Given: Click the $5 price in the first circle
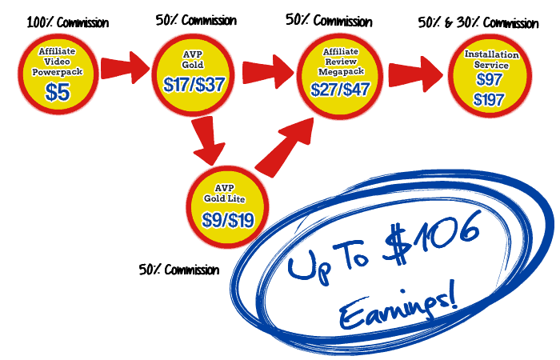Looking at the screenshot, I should pos(57,92).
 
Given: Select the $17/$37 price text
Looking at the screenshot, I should pos(194,85).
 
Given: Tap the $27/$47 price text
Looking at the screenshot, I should pos(340,88).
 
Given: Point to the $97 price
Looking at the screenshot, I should pos(489,80).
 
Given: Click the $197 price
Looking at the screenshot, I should pos(489,100).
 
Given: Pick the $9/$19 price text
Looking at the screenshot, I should pos(227,218).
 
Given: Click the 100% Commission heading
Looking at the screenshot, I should pos(67,22).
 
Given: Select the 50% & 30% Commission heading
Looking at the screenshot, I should pos(478,22).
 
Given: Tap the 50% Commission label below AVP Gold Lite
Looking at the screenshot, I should pos(178,270).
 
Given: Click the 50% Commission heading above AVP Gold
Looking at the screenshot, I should pos(195,20).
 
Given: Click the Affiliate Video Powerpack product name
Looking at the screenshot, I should pos(58,62).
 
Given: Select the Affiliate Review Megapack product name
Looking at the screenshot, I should pos(340,61).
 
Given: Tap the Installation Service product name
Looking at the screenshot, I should pos(491,59).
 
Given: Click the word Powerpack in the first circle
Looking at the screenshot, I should pos(58,72).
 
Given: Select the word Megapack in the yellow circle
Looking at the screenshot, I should pos(340,70).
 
